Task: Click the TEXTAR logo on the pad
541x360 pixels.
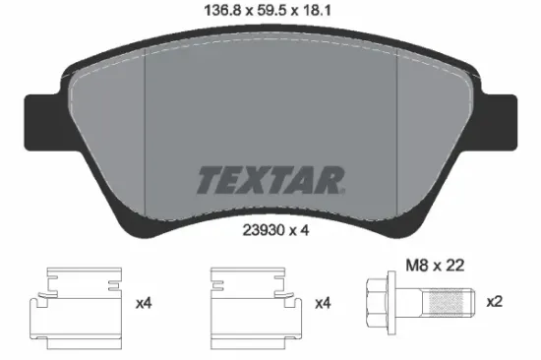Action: tap(270, 181)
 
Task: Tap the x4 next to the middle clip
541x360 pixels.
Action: tap(322, 304)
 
